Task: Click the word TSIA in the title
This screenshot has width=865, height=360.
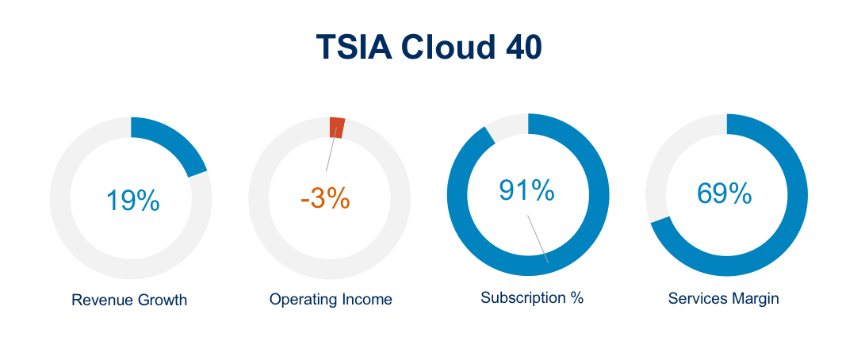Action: pos(354,47)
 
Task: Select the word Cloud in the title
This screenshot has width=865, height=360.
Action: pos(448,47)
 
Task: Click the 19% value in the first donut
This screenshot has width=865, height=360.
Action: pos(132,201)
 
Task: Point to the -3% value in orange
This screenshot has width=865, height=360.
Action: pos(325,198)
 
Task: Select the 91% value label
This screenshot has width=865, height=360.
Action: pos(526,190)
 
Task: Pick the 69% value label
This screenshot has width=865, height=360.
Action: pos(725,193)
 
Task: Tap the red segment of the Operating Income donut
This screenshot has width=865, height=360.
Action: pos(336,128)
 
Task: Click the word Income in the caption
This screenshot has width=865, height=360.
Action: pos(366,300)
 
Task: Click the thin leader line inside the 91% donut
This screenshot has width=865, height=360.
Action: pos(538,239)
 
